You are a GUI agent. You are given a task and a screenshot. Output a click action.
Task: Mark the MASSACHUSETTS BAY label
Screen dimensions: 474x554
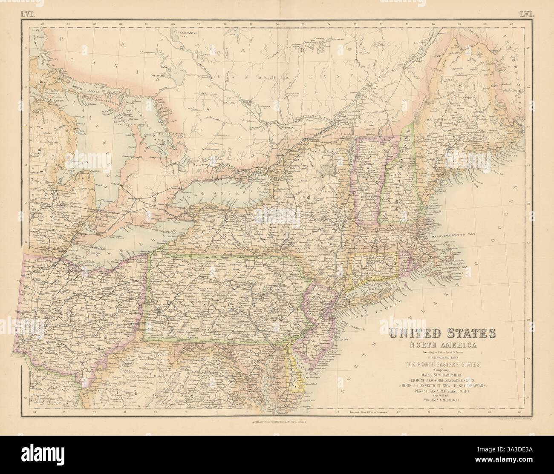[x=463, y=235]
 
